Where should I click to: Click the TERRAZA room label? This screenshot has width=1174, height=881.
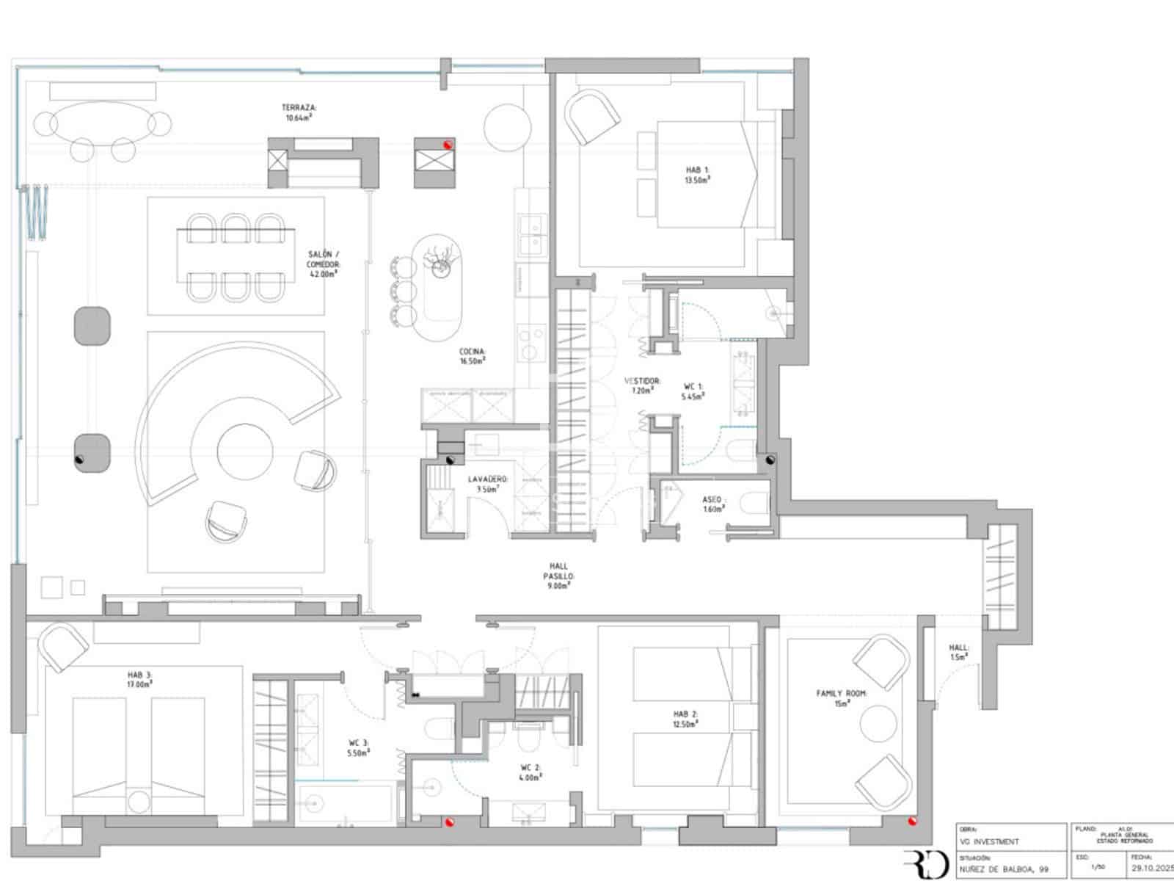(299, 112)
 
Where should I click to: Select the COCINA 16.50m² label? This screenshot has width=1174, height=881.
(473, 356)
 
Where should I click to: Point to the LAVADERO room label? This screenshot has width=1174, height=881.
(488, 483)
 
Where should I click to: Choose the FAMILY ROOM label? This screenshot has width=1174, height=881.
(842, 697)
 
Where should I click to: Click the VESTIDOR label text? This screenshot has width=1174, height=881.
(643, 385)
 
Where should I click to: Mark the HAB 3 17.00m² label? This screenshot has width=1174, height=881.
(139, 679)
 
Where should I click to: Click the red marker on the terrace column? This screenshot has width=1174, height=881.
(447, 145)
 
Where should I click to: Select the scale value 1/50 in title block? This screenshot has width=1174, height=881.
(1098, 866)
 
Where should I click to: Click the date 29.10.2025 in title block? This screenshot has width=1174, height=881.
(1152, 866)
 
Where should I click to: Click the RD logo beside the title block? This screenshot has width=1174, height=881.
(926, 863)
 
